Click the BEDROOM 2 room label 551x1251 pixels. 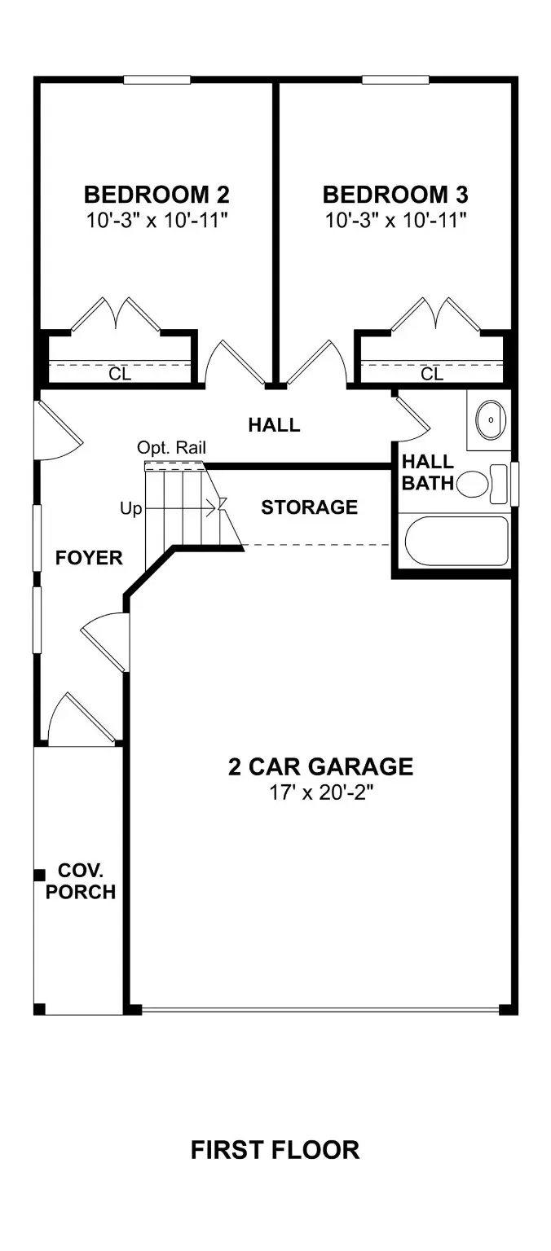[156, 195]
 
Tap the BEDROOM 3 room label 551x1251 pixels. [395, 195]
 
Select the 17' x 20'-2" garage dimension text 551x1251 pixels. [320, 792]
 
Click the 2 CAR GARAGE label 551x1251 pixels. [320, 766]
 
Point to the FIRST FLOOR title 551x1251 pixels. [275, 1150]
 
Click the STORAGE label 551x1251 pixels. [309, 507]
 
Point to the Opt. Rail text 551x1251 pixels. [171, 447]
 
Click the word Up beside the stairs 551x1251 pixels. [130, 509]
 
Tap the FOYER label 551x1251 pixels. [89, 558]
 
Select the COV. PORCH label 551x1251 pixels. [80, 881]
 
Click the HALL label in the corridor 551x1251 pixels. [274, 424]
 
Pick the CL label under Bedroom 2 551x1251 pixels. [120, 374]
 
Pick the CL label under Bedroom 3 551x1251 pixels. [432, 374]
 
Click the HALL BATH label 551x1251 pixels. [427, 472]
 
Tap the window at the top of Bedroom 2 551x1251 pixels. [157, 80]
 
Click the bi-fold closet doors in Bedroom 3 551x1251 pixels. [433, 314]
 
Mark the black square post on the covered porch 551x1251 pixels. [38, 875]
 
